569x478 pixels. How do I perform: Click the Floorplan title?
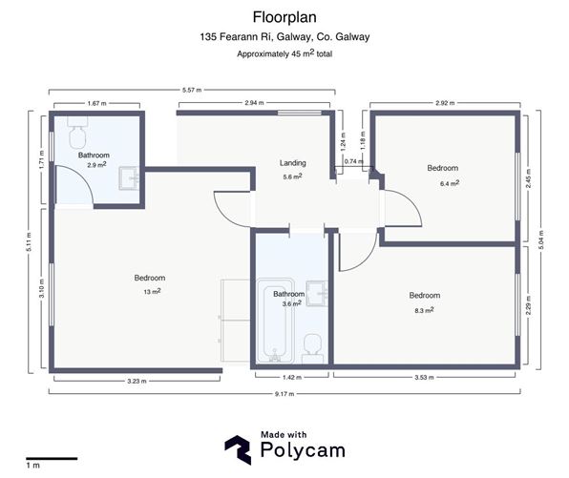coord(284,16)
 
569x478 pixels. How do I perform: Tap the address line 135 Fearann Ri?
coord(284,37)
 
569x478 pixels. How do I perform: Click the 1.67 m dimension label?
coord(95,101)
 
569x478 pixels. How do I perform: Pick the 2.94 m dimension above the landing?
coord(254,101)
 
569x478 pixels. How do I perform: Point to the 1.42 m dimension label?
coord(290,378)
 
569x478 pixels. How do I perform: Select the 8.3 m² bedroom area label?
coord(424,309)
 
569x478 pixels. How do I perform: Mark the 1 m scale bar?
coord(51,458)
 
